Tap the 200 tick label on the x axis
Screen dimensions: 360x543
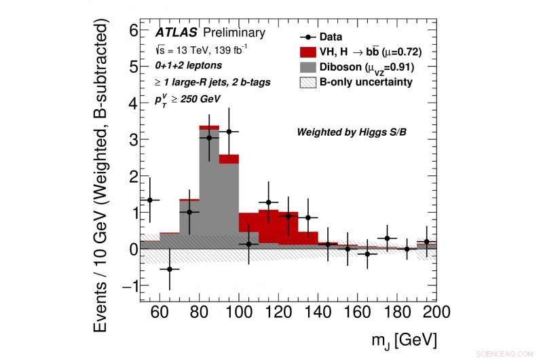[x=435, y=312]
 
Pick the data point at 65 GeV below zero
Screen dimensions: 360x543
[x=170, y=269]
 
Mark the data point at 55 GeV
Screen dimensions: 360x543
[x=150, y=200]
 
